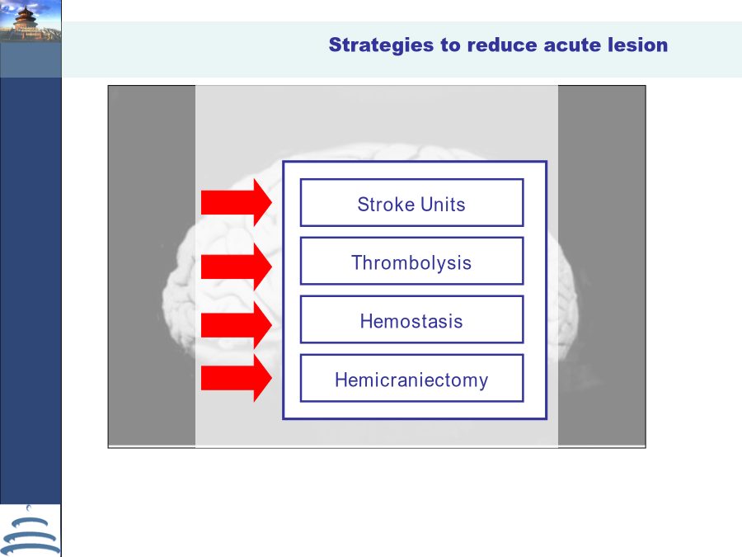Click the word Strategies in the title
click(x=381, y=45)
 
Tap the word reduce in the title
click(x=502, y=45)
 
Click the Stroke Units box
click(x=411, y=203)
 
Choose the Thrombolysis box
click(x=411, y=261)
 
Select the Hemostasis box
click(x=411, y=319)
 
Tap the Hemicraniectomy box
click(x=411, y=378)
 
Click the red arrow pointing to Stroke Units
click(x=236, y=202)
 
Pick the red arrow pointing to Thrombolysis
click(x=236, y=267)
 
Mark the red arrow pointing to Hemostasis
click(x=236, y=325)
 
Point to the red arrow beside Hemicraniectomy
click(x=236, y=378)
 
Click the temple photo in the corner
click(x=31, y=21)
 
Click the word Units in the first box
click(x=443, y=205)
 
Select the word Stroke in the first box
click(x=386, y=205)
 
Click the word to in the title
click(x=450, y=45)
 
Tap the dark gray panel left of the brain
click(x=152, y=266)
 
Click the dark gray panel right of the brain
click(x=602, y=266)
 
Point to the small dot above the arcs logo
click(x=29, y=507)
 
